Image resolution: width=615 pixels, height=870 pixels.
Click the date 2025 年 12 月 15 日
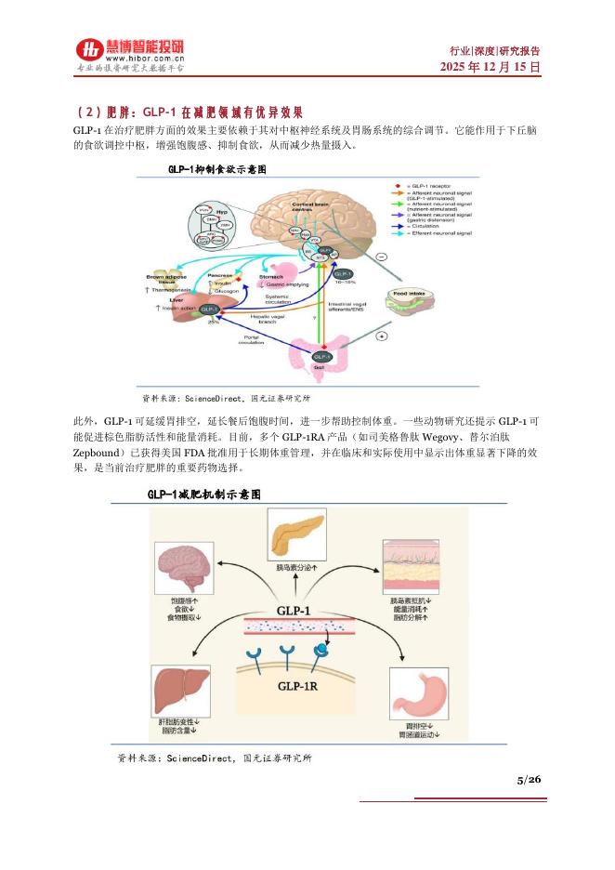(490, 68)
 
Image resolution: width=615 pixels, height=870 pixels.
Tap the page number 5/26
(529, 779)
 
